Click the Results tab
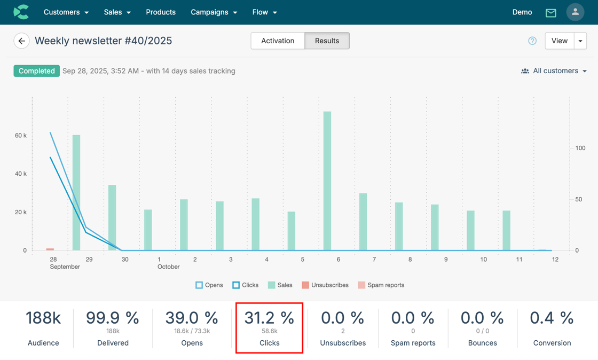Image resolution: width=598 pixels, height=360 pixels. (x=327, y=41)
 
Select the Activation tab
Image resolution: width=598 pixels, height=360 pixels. (x=278, y=41)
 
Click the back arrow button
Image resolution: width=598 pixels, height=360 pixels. (x=21, y=41)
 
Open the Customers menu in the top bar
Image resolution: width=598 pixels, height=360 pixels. (x=66, y=12)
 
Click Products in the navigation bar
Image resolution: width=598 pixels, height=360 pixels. (x=161, y=12)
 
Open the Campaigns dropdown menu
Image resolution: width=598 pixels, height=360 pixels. (x=214, y=12)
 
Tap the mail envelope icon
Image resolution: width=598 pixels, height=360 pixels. (x=551, y=13)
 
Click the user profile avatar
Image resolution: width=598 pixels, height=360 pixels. (x=575, y=12)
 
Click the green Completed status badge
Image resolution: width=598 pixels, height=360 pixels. (x=36, y=71)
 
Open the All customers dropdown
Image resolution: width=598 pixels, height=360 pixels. (x=554, y=71)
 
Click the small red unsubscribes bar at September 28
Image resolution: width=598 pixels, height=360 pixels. (x=50, y=249)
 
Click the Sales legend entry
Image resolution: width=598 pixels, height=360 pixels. (x=280, y=285)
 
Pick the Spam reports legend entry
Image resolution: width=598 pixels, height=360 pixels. (x=381, y=285)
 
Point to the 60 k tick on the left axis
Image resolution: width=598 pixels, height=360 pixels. (x=21, y=136)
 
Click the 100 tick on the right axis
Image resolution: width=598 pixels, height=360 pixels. (x=580, y=148)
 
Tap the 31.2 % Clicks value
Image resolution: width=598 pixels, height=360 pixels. (x=269, y=318)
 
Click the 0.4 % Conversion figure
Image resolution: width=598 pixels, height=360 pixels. (x=552, y=318)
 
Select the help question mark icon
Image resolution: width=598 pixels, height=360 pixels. (x=532, y=41)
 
